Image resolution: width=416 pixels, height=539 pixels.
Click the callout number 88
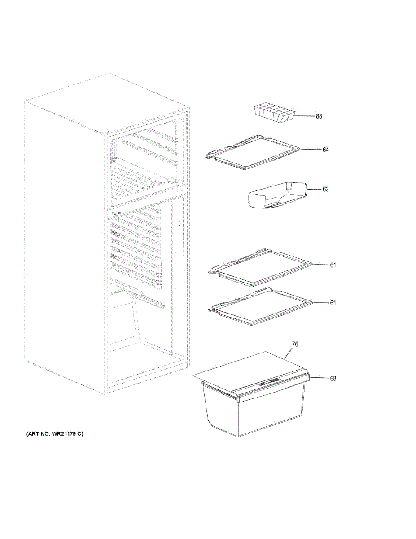tap(319, 116)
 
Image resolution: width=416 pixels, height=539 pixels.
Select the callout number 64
tap(325, 150)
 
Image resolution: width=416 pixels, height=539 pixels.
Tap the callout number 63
tap(325, 189)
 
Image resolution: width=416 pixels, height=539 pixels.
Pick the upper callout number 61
tap(333, 265)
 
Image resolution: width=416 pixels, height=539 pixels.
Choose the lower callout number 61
tap(333, 303)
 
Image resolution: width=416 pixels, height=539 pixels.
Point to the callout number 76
tap(295, 345)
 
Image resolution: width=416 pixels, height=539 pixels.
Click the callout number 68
tap(333, 378)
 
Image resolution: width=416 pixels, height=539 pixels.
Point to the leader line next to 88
tap(304, 116)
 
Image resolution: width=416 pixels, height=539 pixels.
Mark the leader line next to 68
tap(318, 378)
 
